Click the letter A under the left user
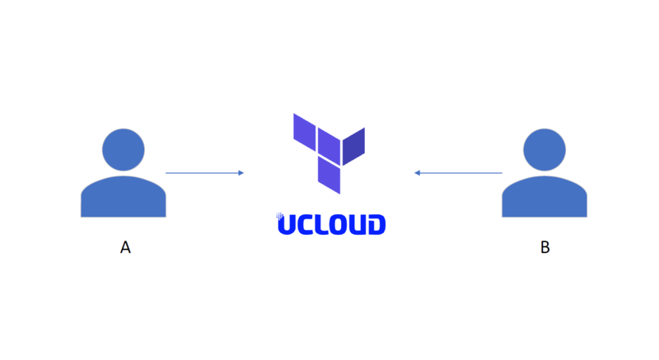125,247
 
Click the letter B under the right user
544,247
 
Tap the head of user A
124,149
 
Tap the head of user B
544,149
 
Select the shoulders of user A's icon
124,198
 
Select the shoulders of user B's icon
544,198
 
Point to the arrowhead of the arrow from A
241,173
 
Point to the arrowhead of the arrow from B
418,173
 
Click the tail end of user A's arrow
167,173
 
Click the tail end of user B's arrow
501,173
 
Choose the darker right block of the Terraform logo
353,146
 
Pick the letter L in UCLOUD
324,224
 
